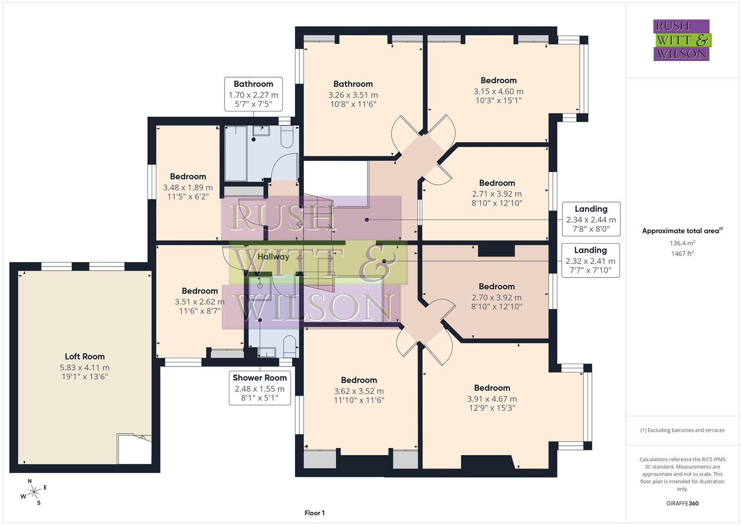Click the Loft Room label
pyautogui.click(x=85, y=356)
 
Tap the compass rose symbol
pyautogui.click(x=34, y=492)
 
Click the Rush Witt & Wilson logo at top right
pyautogui.click(x=681, y=40)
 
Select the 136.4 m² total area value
pyautogui.click(x=682, y=243)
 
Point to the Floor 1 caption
pyautogui.click(x=314, y=513)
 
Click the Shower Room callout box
pyautogui.click(x=259, y=387)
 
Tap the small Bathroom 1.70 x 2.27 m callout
pyautogui.click(x=253, y=94)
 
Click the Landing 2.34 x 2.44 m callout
pyautogui.click(x=590, y=219)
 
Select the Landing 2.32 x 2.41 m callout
pyautogui.click(x=590, y=260)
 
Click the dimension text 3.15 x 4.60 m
pyautogui.click(x=498, y=91)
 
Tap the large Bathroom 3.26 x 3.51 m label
pyautogui.click(x=353, y=84)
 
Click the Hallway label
pyautogui.click(x=273, y=257)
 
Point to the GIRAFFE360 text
pyautogui.click(x=682, y=503)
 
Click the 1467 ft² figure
pyautogui.click(x=682, y=254)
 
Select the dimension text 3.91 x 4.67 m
pyautogui.click(x=492, y=399)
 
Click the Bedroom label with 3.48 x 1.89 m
pyautogui.click(x=188, y=176)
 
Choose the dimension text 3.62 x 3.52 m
pyautogui.click(x=359, y=391)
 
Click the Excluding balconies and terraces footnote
pyautogui.click(x=682, y=430)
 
